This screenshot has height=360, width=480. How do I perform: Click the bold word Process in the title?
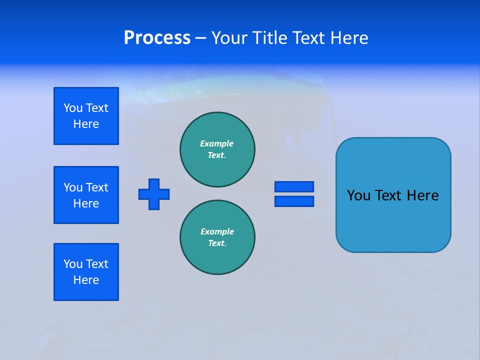coord(157,38)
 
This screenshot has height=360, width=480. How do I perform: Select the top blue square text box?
coord(86,116)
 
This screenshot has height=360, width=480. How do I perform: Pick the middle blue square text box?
coord(86,195)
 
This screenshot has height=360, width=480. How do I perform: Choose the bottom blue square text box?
coord(86,272)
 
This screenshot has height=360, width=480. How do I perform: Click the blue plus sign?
coord(154,194)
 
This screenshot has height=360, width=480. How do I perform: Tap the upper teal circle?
coord(217,149)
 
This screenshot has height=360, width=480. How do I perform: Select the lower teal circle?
coord(217,237)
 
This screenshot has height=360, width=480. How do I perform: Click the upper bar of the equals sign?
coord(294,186)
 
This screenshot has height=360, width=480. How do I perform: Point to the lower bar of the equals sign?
coord(294,201)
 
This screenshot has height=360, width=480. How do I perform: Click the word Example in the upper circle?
coord(217,143)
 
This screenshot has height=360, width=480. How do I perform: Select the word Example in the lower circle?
coord(217,231)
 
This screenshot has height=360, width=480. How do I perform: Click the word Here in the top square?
coord(86,124)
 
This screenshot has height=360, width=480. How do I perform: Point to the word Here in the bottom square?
coord(86,280)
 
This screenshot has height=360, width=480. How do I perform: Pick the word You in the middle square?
coord(72,187)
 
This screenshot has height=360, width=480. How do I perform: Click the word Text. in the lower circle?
coord(217,243)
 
